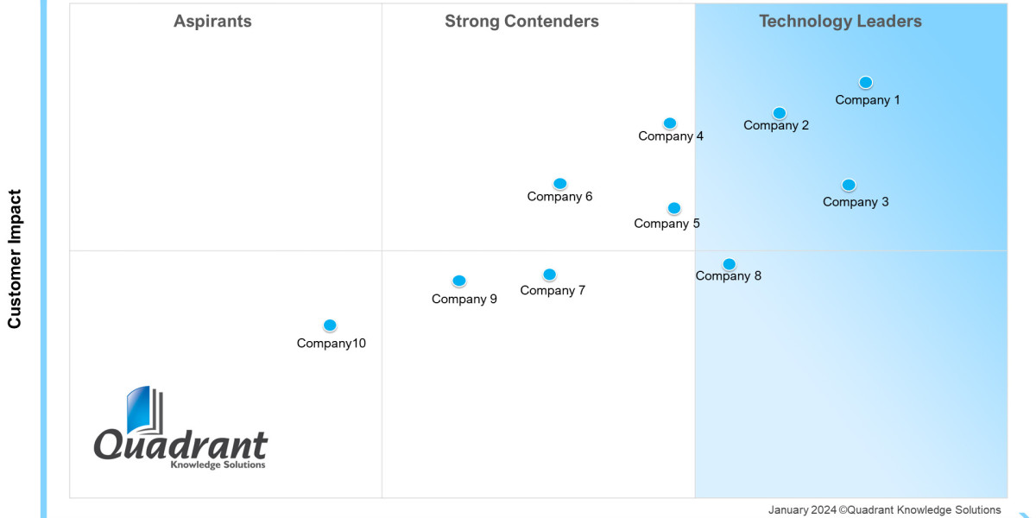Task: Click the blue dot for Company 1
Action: pyautogui.click(x=865, y=83)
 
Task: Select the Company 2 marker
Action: pyautogui.click(x=779, y=113)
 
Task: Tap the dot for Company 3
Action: pyautogui.click(x=849, y=185)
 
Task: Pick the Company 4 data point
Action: pyautogui.click(x=669, y=123)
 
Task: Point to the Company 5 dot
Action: pyautogui.click(x=673, y=208)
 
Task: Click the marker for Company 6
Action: pyautogui.click(x=559, y=184)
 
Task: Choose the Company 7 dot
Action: pyautogui.click(x=549, y=275)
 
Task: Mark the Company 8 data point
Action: pyautogui.click(x=729, y=264)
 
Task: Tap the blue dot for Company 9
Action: pyautogui.click(x=458, y=281)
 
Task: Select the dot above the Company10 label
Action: pyautogui.click(x=329, y=325)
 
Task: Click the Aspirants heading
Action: pyautogui.click(x=212, y=22)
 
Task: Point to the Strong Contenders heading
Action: pyautogui.click(x=521, y=22)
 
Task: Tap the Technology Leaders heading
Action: pyautogui.click(x=840, y=22)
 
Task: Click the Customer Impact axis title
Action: pyautogui.click(x=15, y=259)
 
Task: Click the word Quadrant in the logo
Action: pyautogui.click(x=180, y=445)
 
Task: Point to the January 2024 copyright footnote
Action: pyautogui.click(x=884, y=509)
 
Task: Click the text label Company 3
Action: pyautogui.click(x=856, y=202)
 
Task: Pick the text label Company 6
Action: pyautogui.click(x=559, y=197)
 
